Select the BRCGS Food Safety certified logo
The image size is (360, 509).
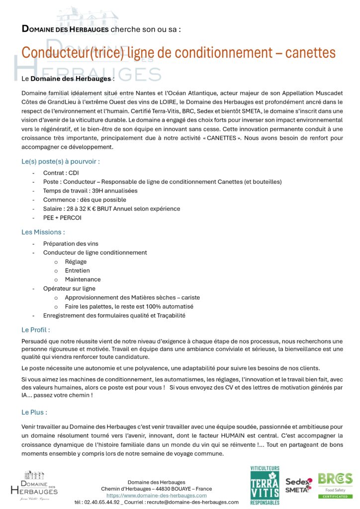(x=335, y=485)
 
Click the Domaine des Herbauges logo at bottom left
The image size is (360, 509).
(x=34, y=485)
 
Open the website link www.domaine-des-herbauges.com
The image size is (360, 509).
(x=156, y=496)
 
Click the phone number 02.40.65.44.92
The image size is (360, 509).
(x=97, y=502)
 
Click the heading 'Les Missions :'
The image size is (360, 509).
(x=43, y=232)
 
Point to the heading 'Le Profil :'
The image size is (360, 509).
(x=35, y=330)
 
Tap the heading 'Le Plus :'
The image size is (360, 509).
(x=34, y=413)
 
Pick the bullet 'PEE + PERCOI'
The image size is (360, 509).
(x=62, y=218)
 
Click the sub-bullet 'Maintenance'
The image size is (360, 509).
(x=83, y=279)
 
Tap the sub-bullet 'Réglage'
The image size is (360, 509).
(x=76, y=261)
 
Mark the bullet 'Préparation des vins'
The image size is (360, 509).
(x=71, y=244)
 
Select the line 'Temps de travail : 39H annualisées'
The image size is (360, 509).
(x=90, y=191)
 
